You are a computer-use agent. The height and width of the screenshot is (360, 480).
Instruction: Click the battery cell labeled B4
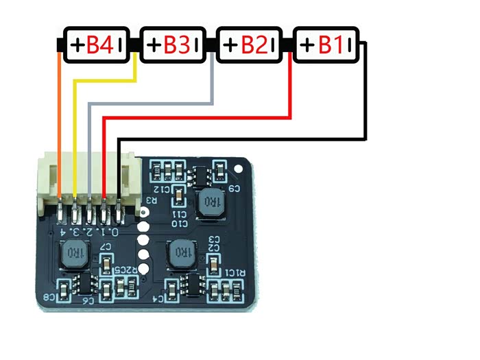coord(97,45)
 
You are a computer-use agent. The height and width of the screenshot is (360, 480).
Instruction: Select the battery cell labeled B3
coord(173,45)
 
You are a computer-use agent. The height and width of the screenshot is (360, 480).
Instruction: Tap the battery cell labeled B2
coord(250,45)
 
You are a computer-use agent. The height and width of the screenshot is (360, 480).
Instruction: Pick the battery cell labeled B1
coord(326,45)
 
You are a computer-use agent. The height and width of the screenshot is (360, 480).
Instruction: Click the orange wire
coord(60,123)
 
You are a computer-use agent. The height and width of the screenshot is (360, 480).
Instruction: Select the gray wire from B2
coord(151,104)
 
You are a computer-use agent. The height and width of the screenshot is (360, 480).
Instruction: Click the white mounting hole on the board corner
coord(239,167)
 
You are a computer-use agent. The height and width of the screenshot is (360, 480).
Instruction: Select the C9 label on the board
coord(234,189)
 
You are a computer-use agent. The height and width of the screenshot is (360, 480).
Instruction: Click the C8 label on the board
coord(51,298)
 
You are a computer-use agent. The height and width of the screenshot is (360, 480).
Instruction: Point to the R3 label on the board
coord(152,202)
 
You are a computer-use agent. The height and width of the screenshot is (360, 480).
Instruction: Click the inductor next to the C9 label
coord(210,202)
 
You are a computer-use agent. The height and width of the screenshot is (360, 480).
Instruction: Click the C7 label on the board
coord(106,246)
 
